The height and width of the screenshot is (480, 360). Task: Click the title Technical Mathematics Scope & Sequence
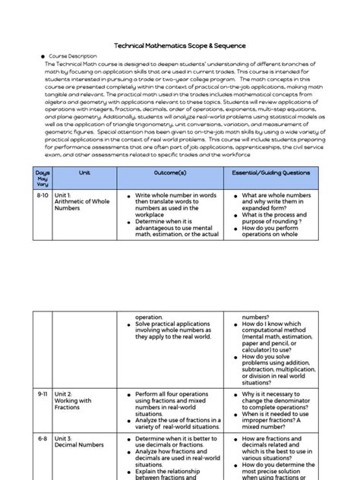click(x=179, y=46)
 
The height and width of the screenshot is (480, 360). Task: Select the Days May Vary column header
click(x=43, y=178)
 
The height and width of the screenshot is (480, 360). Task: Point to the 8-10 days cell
click(x=43, y=195)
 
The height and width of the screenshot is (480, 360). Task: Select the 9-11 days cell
click(x=43, y=395)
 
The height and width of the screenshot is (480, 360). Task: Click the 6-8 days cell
click(x=43, y=438)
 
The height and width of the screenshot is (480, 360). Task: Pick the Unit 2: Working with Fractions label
click(x=74, y=401)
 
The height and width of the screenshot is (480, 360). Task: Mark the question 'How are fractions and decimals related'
click(x=276, y=447)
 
